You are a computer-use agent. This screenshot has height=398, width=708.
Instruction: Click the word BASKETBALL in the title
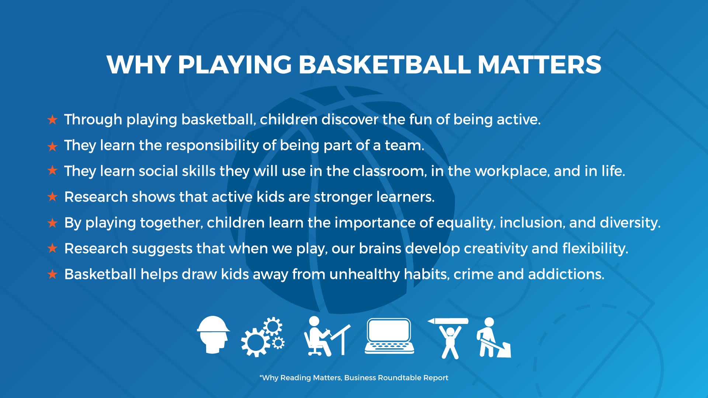(x=384, y=65)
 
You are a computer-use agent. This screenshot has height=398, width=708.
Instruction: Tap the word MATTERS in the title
(x=539, y=65)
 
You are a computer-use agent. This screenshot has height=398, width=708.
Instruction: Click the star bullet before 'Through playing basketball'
(x=52, y=120)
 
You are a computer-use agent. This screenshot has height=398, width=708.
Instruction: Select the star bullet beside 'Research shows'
(x=52, y=197)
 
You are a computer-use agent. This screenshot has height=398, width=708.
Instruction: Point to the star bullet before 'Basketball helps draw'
(x=52, y=274)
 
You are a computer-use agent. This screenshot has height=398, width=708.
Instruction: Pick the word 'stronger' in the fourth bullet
(x=343, y=198)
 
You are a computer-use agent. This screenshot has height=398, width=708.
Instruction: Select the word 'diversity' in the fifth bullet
(x=630, y=223)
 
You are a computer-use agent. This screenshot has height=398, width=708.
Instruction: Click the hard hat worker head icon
(x=213, y=335)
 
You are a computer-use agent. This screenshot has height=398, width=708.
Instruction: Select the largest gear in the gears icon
(x=256, y=342)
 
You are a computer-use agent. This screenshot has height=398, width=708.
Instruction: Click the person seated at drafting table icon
(x=327, y=336)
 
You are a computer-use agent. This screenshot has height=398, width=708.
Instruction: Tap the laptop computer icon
(x=389, y=336)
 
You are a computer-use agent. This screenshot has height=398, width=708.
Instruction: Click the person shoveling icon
(x=493, y=338)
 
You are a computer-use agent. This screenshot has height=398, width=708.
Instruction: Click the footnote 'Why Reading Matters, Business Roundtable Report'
(x=354, y=378)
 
